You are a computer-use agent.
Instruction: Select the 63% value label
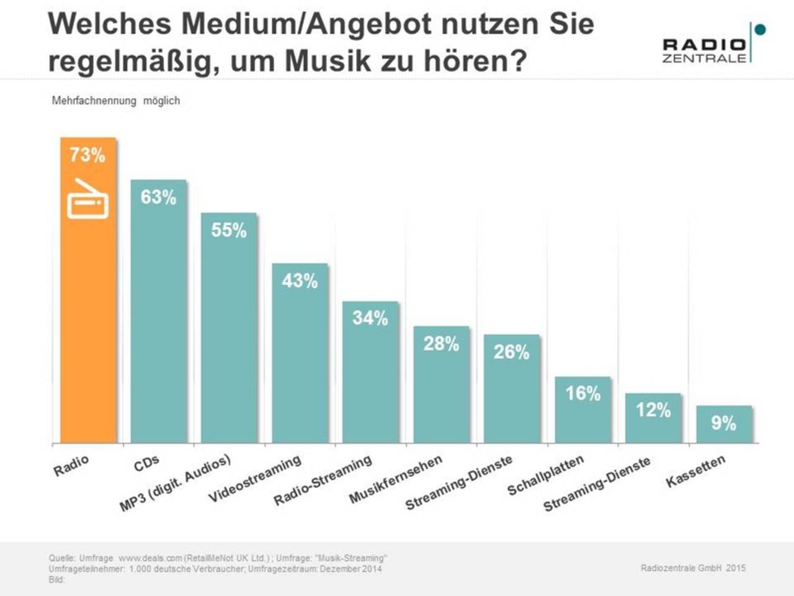pyautogui.click(x=158, y=197)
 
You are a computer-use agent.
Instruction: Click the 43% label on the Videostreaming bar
pyautogui.click(x=300, y=281)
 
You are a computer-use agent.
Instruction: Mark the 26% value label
pyautogui.click(x=512, y=352)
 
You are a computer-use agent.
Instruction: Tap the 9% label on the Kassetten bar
pyautogui.click(x=723, y=423)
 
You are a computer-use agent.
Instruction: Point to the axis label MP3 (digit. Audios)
pyautogui.click(x=175, y=483)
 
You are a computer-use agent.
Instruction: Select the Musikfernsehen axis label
pyautogui.click(x=396, y=479)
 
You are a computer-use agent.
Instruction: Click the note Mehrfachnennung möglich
pyautogui.click(x=116, y=101)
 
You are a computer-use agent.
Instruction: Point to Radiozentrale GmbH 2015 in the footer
pyautogui.click(x=693, y=567)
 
